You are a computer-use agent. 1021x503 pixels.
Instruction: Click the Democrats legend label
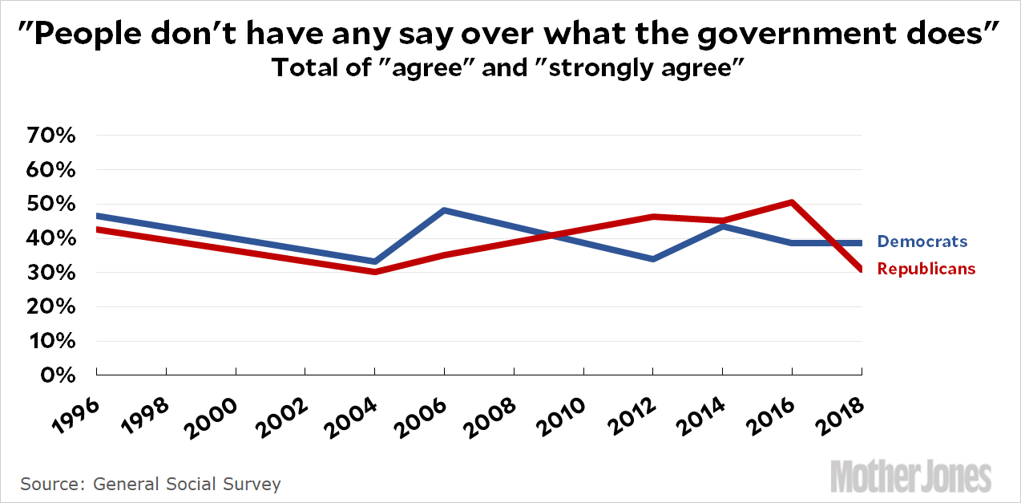coord(922,241)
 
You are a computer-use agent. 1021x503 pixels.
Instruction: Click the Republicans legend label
coord(926,269)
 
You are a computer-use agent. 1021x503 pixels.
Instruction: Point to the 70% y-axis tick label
coord(53,136)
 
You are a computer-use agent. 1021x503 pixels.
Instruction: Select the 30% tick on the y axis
coord(53,273)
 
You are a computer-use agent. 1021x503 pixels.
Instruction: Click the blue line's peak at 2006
coord(444,210)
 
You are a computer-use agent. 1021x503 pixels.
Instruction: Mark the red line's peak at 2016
coord(792,202)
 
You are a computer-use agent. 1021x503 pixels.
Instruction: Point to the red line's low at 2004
coord(374,272)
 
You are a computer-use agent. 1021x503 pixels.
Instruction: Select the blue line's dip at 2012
coord(653,259)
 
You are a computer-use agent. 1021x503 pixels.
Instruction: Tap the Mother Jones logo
coord(910,477)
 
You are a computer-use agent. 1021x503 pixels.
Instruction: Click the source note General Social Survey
coord(187,484)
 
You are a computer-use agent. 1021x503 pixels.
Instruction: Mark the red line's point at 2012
coord(653,217)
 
